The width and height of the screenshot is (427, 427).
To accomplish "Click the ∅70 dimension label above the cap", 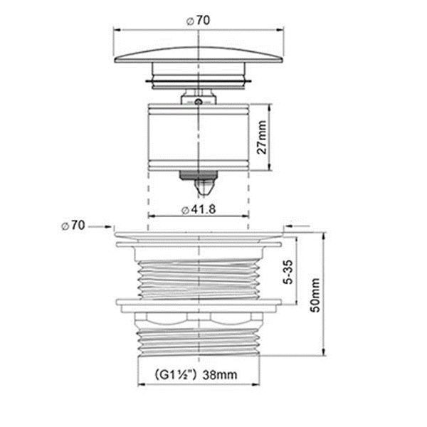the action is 199,21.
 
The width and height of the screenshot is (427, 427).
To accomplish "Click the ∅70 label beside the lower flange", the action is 73,226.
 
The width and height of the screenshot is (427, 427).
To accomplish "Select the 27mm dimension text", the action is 262,137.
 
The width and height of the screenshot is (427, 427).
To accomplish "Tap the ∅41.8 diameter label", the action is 199,209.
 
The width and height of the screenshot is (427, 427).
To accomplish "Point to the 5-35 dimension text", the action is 288,272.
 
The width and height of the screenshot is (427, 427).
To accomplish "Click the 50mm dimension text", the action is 315,295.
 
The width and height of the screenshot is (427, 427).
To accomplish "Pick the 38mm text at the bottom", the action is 220,375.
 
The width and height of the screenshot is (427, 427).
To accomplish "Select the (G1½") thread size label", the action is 176,375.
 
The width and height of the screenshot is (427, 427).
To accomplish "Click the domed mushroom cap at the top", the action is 199,56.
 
